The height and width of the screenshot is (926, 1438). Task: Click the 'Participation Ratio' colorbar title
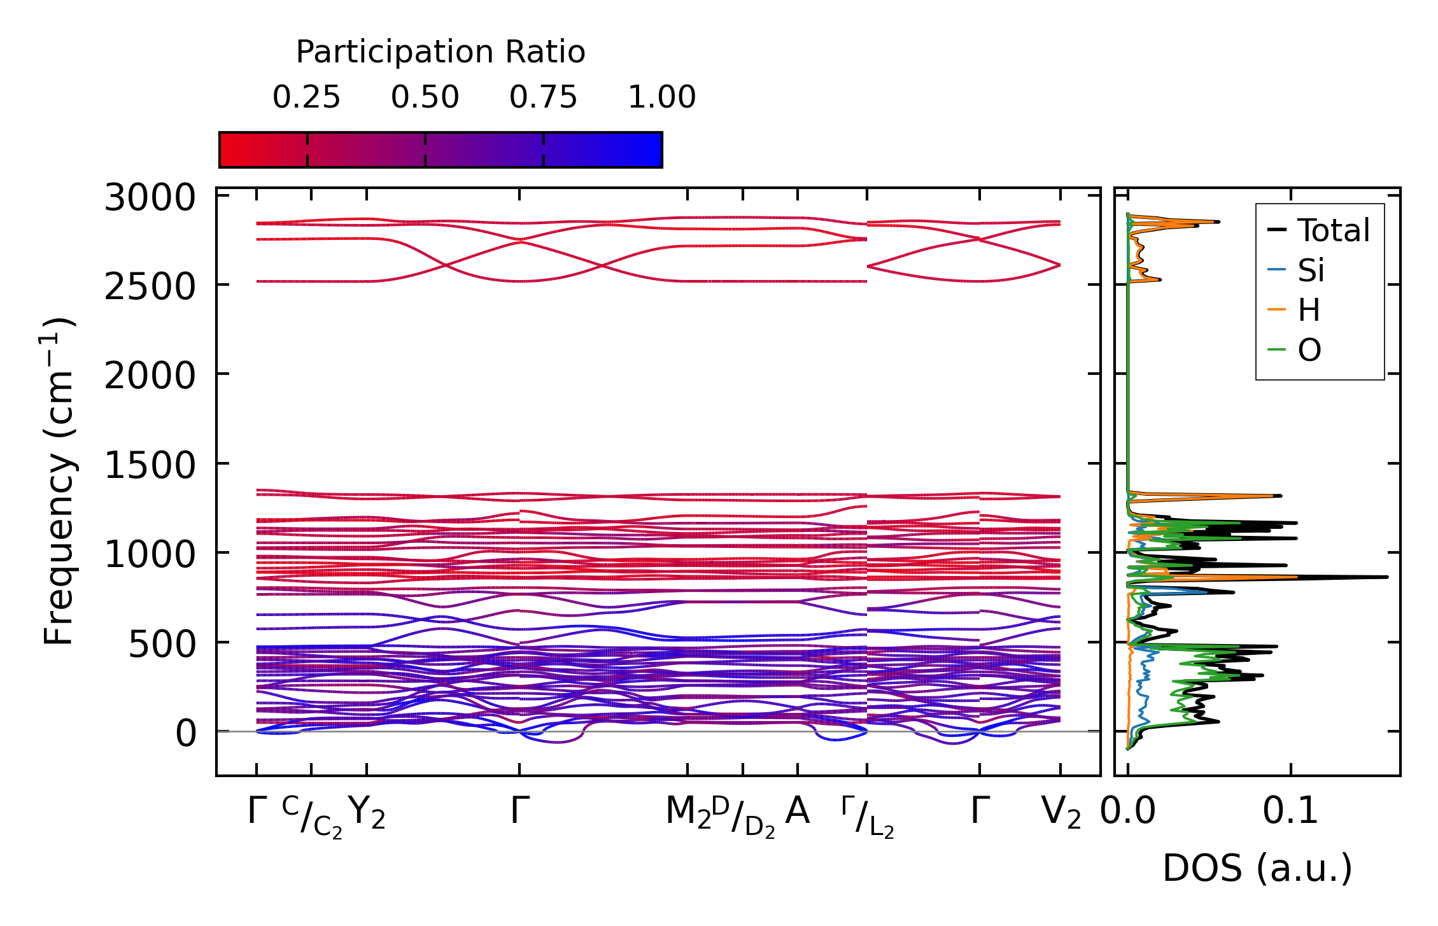(441, 52)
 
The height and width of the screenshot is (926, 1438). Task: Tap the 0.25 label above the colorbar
(306, 97)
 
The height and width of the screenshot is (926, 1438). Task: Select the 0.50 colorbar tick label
(425, 97)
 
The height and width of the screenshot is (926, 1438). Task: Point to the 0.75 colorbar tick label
(543, 97)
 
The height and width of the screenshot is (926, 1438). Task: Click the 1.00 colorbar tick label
(661, 97)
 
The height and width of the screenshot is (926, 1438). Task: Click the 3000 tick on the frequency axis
(150, 198)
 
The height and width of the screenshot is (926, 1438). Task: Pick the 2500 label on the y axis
(150, 287)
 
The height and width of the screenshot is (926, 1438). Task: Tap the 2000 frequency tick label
(150, 376)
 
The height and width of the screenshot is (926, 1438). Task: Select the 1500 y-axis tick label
(150, 465)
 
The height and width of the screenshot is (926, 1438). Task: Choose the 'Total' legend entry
(1333, 230)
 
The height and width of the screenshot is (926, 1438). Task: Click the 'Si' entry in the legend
(1311, 270)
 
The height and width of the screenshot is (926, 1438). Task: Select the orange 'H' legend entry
(1309, 311)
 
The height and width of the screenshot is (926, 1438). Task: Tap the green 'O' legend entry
(1309, 350)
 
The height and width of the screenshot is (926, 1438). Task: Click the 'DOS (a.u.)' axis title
(1257, 868)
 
